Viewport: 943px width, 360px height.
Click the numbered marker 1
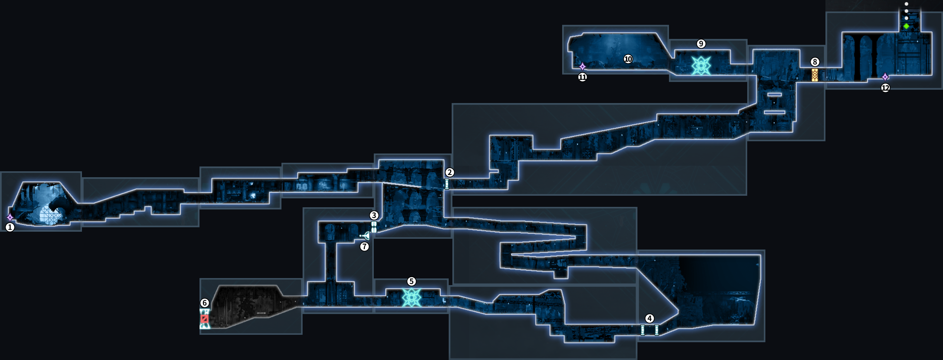click(x=10, y=227)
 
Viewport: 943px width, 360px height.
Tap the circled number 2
click(x=449, y=172)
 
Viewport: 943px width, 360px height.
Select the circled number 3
click(x=374, y=215)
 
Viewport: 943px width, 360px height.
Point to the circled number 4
click(x=649, y=318)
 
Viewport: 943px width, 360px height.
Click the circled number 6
click(x=204, y=303)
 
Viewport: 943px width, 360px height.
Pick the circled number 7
click(x=365, y=247)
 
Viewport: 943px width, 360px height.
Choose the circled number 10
click(x=628, y=59)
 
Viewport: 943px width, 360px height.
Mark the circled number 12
click(x=885, y=88)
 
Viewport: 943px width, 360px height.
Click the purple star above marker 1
click(x=10, y=217)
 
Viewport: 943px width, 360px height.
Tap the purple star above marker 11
click(x=583, y=67)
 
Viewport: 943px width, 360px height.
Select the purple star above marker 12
click(x=885, y=77)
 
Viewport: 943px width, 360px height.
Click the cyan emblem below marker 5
click(x=412, y=297)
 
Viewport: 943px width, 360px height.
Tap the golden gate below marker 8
click(x=815, y=75)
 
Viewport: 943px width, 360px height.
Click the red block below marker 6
click(x=204, y=319)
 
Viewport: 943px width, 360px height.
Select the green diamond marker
click(x=906, y=26)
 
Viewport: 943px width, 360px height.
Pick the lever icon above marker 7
click(x=365, y=236)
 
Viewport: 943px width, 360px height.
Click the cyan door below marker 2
click(x=447, y=184)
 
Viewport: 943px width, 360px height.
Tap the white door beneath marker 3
click(x=374, y=227)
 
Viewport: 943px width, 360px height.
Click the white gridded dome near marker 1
click(x=50, y=215)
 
